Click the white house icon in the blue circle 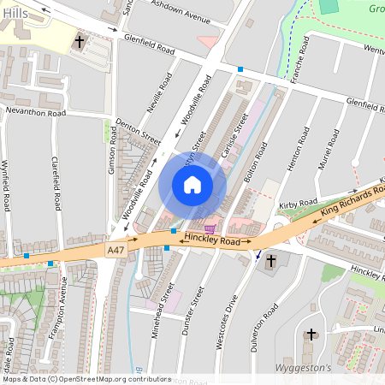tap(192, 185)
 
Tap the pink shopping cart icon tap(210, 228)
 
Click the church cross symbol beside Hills tap(80, 40)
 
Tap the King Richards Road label tap(350, 203)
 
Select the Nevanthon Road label tap(36, 112)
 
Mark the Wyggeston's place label tap(304, 367)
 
